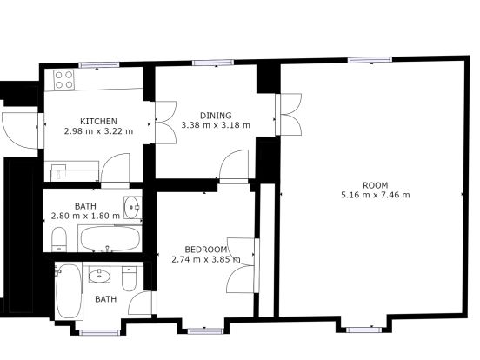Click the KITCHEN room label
(98, 121)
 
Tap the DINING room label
(216, 116)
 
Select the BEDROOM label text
(206, 250)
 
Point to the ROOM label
(376, 185)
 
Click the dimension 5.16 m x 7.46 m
(376, 195)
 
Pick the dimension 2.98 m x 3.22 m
(98, 131)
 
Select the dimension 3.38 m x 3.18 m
(216, 125)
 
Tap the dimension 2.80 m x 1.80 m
(85, 216)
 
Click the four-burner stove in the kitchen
(63, 80)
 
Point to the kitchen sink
(59, 171)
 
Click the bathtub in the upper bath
(110, 238)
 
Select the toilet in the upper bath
(59, 239)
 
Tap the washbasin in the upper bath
(132, 207)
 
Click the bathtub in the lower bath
(69, 291)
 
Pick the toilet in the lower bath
(129, 278)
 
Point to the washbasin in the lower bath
(99, 275)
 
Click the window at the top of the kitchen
(98, 64)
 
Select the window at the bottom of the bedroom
(205, 331)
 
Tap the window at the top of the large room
(370, 60)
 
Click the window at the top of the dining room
(213, 63)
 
